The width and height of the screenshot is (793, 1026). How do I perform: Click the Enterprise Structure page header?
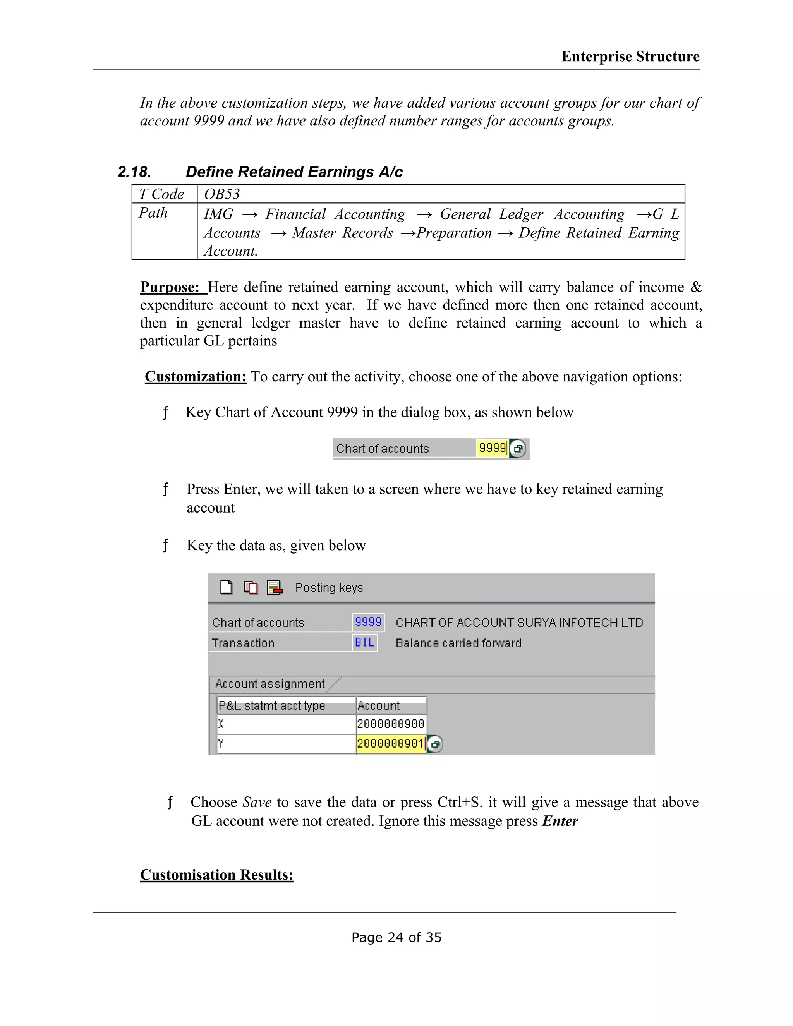630,57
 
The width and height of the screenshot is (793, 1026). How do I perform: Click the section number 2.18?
134,172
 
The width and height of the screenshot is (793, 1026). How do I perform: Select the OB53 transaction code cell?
222,194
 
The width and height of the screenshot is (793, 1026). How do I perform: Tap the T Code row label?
161,194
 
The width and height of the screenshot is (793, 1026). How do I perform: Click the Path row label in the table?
153,213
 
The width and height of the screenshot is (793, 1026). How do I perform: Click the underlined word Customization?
196,376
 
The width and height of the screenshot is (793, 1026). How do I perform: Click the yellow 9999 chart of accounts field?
492,448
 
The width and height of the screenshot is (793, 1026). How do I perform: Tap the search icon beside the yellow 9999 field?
518,449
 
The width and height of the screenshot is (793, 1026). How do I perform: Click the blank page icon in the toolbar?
227,587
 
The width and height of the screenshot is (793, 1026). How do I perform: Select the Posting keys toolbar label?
329,588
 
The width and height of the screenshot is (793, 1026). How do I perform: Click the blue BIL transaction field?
364,643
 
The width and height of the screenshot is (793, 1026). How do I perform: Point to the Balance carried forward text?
458,643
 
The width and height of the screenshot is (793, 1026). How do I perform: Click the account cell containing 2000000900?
391,724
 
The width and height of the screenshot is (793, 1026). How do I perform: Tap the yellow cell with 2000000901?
390,744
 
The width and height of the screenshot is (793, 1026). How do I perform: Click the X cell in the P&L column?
286,724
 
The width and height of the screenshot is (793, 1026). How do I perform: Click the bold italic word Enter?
560,821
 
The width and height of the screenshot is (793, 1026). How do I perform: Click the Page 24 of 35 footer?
396,938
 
